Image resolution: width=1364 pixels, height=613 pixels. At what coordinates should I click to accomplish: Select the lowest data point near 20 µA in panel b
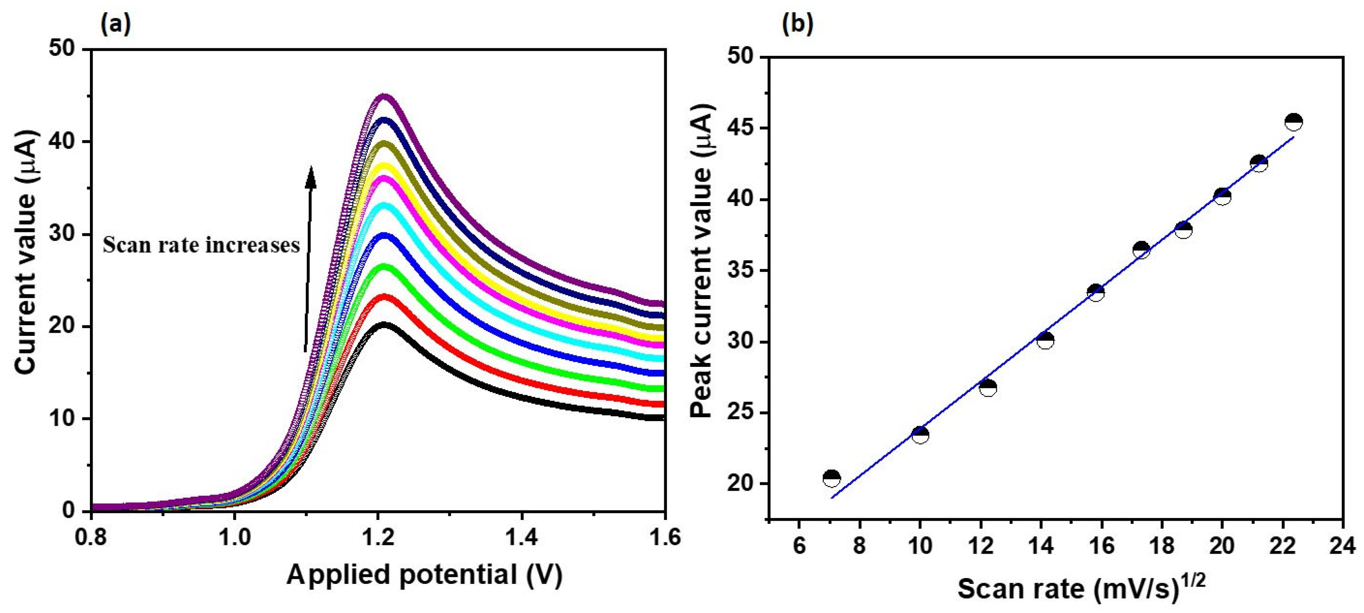832,478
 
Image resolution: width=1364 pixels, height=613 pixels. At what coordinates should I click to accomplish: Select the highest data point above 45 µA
1294,122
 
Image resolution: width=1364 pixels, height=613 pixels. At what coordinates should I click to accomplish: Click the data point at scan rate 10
920,435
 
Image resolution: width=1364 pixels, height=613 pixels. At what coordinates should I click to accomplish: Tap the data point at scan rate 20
1222,196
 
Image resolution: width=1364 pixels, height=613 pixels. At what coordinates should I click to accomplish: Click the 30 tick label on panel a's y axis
62,234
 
